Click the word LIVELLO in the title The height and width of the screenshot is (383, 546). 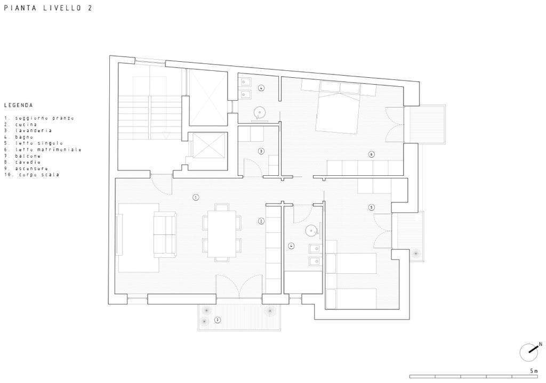[63, 8]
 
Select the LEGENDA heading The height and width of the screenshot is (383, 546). [19, 105]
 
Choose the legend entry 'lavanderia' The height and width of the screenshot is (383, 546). [33, 131]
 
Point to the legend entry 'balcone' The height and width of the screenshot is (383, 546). [28, 156]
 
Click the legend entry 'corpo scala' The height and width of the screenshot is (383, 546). [38, 175]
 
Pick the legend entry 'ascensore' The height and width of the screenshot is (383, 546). [31, 169]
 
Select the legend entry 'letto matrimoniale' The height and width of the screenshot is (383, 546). [48, 150]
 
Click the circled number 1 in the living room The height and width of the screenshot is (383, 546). [196, 197]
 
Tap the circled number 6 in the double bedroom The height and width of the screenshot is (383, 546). [372, 154]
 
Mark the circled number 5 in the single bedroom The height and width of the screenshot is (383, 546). [372, 207]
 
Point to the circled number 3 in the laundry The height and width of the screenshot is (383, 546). [261, 151]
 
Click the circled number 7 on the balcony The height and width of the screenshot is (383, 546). [218, 320]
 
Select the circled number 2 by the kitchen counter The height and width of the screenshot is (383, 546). [261, 221]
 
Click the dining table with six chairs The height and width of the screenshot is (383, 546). [222, 233]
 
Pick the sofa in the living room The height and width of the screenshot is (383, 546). [165, 234]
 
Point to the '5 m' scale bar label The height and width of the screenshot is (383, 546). [533, 371]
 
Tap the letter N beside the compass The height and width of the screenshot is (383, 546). [540, 344]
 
